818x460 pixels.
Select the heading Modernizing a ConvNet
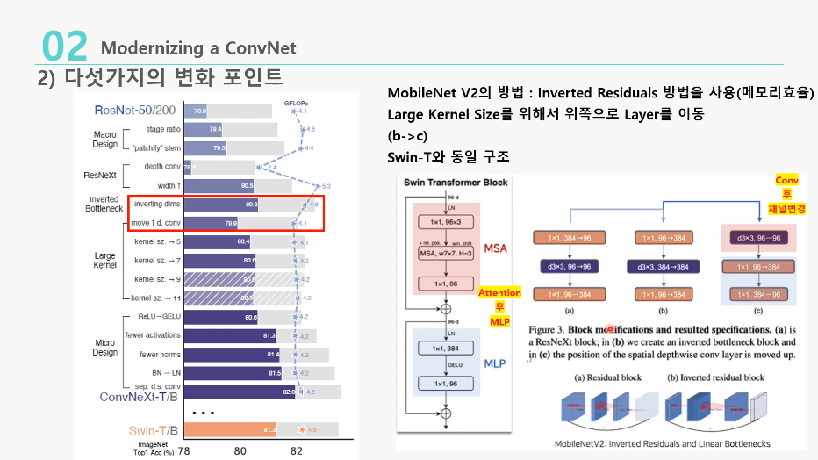coord(198,47)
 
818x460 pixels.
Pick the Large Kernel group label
coord(104,260)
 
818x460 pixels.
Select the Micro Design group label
coord(104,348)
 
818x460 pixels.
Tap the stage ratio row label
coord(163,129)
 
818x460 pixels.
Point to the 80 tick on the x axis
coord(240,451)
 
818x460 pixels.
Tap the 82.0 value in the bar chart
coord(288,392)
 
